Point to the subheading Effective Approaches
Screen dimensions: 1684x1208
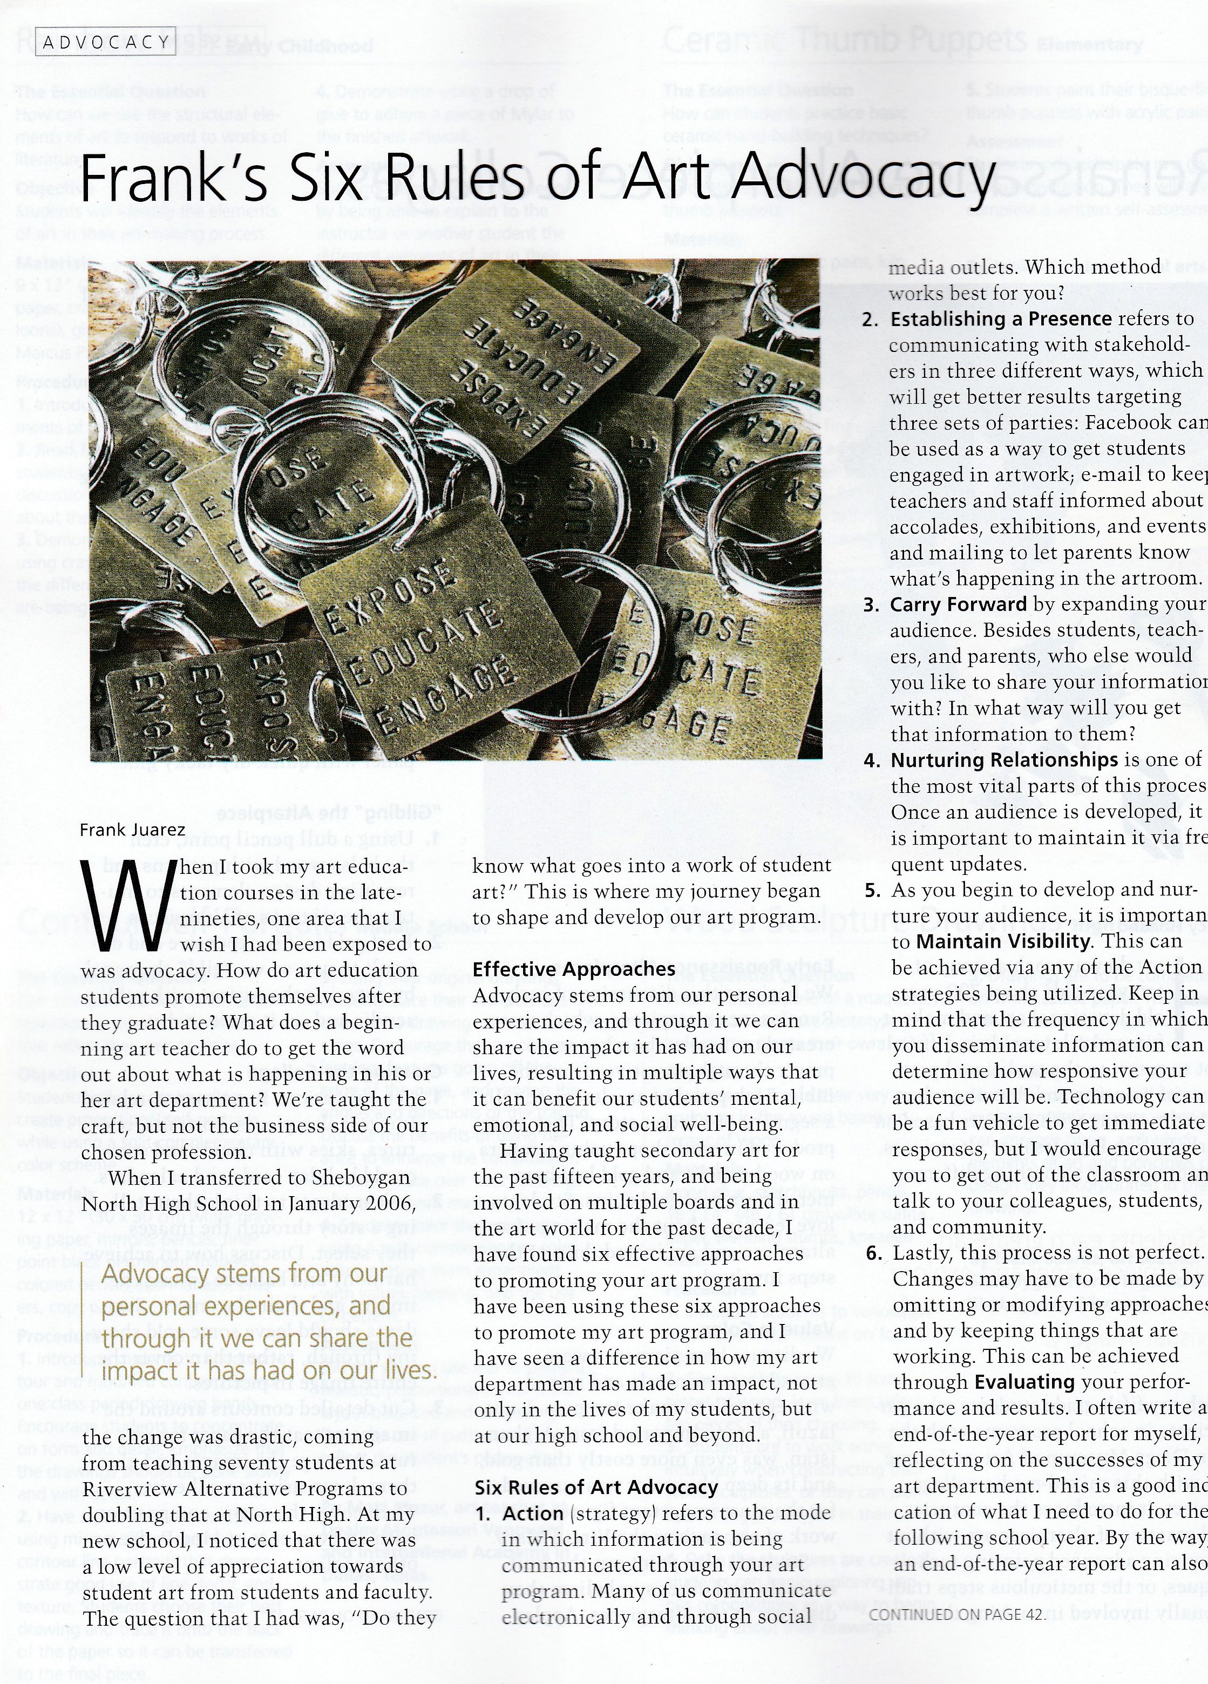(574, 969)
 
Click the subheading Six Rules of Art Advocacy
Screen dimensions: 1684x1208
(596, 1466)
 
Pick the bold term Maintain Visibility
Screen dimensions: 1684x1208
(1003, 941)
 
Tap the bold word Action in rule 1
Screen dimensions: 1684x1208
(533, 1492)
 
